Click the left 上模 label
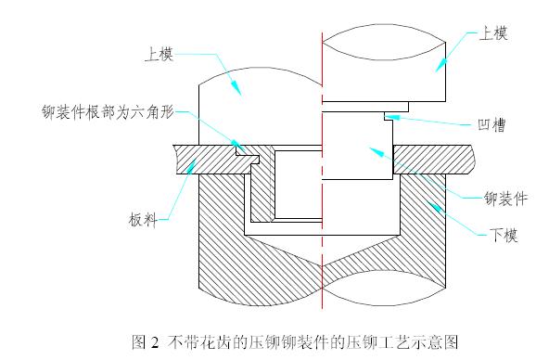point(160,54)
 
